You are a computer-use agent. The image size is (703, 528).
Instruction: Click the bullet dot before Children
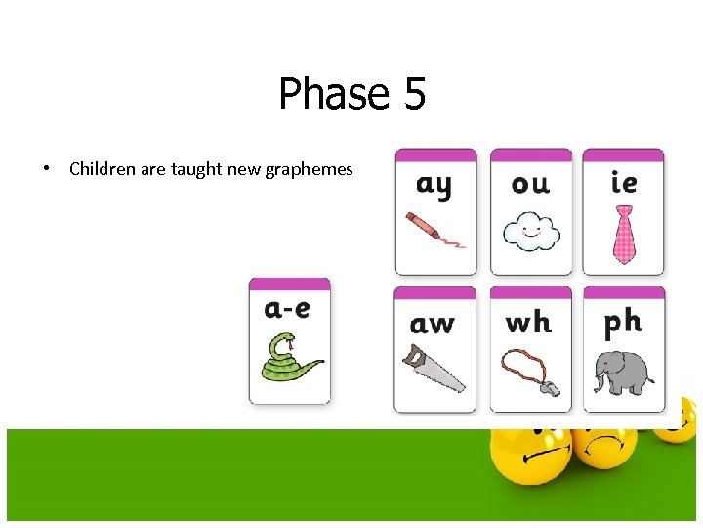(46, 169)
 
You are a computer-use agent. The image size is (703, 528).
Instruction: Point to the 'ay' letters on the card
(434, 185)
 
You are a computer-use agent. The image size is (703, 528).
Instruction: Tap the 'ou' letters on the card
(530, 184)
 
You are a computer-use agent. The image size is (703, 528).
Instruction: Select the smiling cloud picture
(530, 233)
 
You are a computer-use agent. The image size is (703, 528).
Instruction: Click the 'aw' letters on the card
(433, 323)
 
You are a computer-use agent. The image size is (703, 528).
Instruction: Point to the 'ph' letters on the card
(623, 321)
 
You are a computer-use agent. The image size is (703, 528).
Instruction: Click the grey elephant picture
(623, 372)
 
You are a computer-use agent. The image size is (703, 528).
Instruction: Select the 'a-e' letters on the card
(288, 309)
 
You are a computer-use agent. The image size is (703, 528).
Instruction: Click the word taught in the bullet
(196, 169)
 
